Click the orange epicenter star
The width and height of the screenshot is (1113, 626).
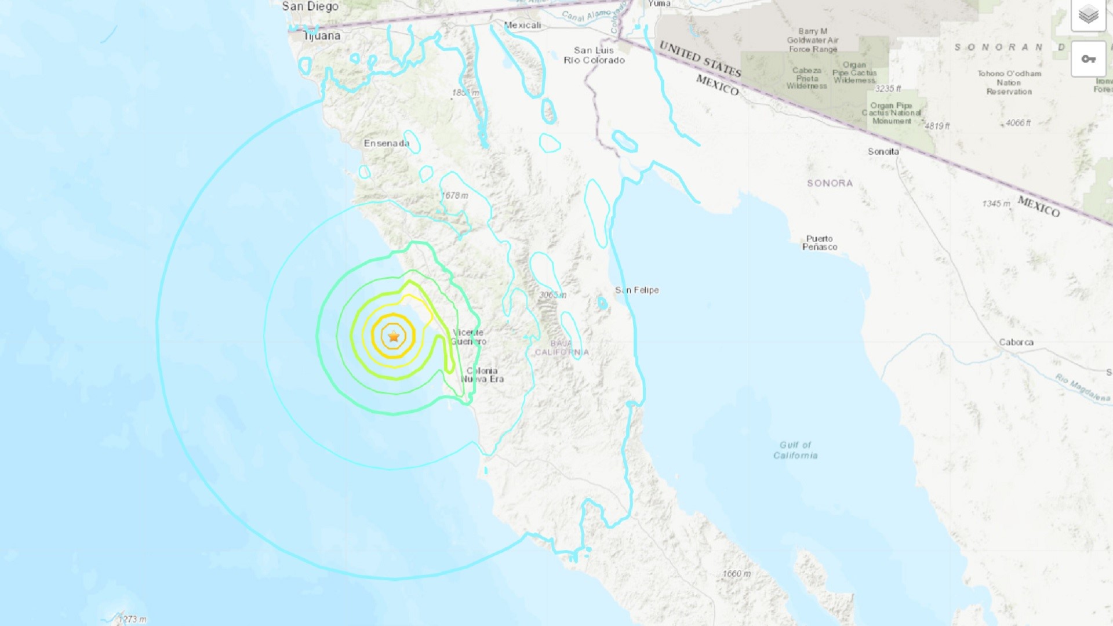pyautogui.click(x=394, y=336)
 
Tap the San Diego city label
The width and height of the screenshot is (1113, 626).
pyautogui.click(x=310, y=6)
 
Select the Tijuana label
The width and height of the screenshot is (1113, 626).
pyautogui.click(x=322, y=36)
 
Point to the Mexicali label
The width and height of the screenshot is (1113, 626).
pyautogui.click(x=522, y=25)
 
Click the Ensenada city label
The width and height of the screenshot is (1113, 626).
pyautogui.click(x=386, y=143)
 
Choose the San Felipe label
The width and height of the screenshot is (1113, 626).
pyautogui.click(x=637, y=290)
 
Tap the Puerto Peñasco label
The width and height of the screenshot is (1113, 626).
pyautogui.click(x=820, y=243)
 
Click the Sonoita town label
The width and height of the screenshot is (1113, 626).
pyautogui.click(x=883, y=151)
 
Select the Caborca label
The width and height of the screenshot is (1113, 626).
pyautogui.click(x=1016, y=342)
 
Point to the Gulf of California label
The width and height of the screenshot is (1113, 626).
pyautogui.click(x=795, y=450)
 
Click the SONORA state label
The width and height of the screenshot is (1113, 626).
pyautogui.click(x=830, y=183)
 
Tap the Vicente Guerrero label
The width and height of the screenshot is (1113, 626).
pyautogui.click(x=468, y=337)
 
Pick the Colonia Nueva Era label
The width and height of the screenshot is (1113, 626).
pyautogui.click(x=482, y=375)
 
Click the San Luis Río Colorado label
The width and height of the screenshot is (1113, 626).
pyautogui.click(x=594, y=55)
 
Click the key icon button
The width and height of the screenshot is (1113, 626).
pyautogui.click(x=1088, y=59)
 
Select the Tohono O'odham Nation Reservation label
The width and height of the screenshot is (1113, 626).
pyautogui.click(x=1009, y=82)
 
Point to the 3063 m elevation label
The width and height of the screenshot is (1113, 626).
pyautogui.click(x=552, y=295)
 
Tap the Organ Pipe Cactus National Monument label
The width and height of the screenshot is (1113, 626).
pyautogui.click(x=891, y=113)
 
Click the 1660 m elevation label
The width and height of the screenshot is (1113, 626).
pyautogui.click(x=736, y=574)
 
